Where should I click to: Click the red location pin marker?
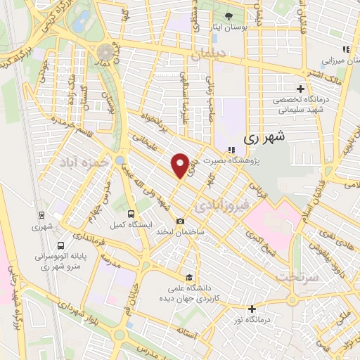point(181,166)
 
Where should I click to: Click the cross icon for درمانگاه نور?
point(252,308)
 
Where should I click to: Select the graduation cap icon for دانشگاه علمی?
point(188,277)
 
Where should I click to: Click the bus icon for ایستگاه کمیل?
point(130,214)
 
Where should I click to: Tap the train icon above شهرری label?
point(37,217)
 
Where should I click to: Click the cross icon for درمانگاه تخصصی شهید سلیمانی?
point(301,89)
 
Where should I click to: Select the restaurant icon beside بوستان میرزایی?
point(345,49)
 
